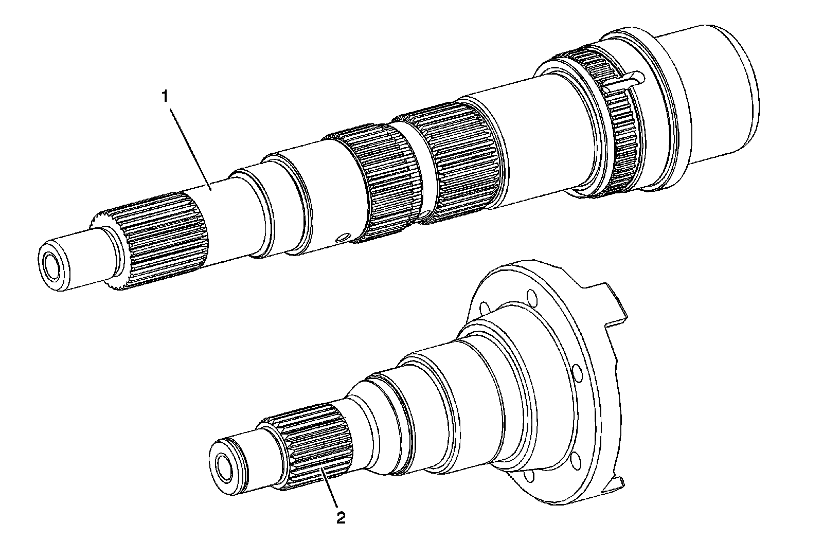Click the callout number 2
pos(341,517)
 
